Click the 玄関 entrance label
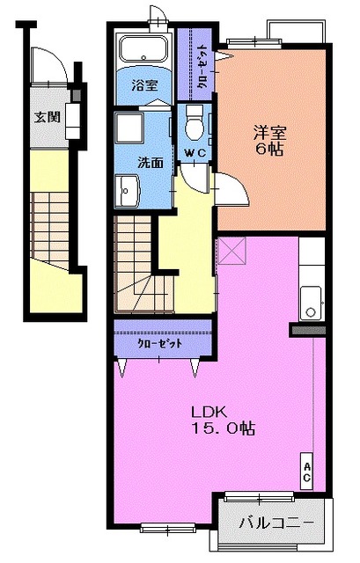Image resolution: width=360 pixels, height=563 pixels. point(47,116)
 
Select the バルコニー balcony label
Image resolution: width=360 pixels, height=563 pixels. point(276,523)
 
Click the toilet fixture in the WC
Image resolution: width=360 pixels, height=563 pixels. point(195,126)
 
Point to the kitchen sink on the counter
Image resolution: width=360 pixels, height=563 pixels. point(310,303)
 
